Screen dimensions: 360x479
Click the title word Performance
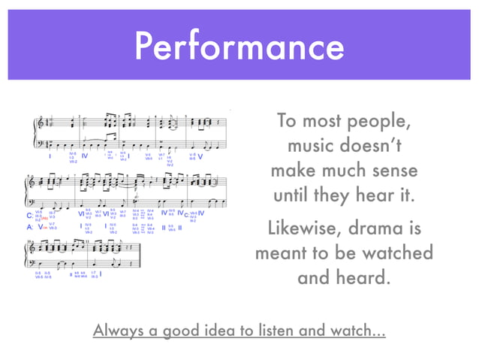(239, 47)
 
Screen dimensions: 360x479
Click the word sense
(390, 171)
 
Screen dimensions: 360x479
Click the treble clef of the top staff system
(40, 123)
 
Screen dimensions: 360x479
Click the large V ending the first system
(200, 157)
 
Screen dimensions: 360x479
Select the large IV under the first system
(85, 156)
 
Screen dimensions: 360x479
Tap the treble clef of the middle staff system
(32, 183)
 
